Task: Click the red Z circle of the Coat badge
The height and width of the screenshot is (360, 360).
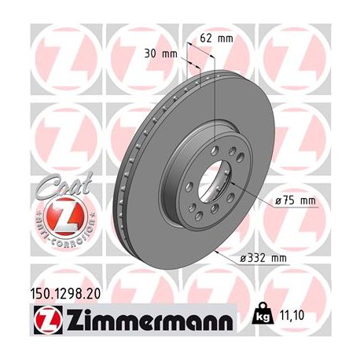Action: (x=55, y=213)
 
